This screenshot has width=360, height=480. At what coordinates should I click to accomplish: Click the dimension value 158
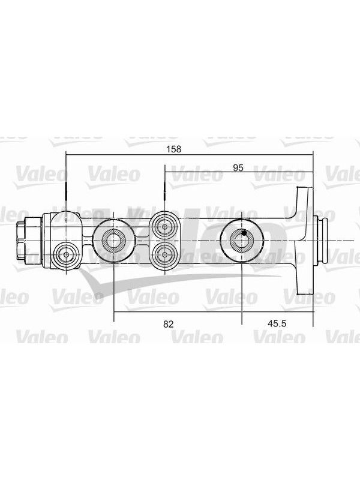pos(174,149)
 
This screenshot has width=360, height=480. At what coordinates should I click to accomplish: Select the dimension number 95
pos(238,168)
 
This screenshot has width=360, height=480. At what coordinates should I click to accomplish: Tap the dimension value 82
pos(169,324)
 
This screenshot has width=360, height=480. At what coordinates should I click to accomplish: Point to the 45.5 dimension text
pos(277,323)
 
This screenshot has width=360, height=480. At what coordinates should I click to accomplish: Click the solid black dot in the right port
pos(244,233)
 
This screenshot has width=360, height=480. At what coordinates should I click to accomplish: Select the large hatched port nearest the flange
pos(242,241)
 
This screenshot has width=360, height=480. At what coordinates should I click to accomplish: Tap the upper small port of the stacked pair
pos(165,227)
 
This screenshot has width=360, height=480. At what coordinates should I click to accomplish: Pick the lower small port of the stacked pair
pos(165,254)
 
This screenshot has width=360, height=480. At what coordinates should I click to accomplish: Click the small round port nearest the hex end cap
pos(66,254)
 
